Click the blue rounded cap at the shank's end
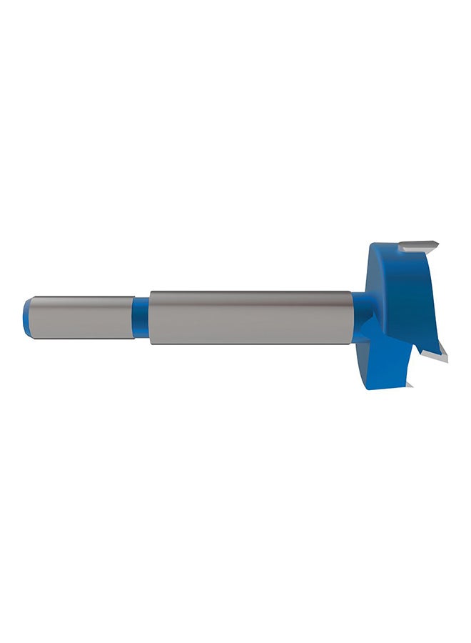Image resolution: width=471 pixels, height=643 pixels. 27,318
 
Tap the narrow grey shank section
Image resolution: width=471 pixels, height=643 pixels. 82,318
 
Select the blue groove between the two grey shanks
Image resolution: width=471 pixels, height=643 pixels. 141,318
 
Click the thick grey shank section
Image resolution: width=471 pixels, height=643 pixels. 250,318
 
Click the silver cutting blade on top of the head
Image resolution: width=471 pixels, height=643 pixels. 417,247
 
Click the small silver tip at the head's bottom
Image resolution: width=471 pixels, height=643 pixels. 409,385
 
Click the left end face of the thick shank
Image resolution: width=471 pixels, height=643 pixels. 151,318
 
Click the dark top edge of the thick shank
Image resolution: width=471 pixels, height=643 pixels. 250,293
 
